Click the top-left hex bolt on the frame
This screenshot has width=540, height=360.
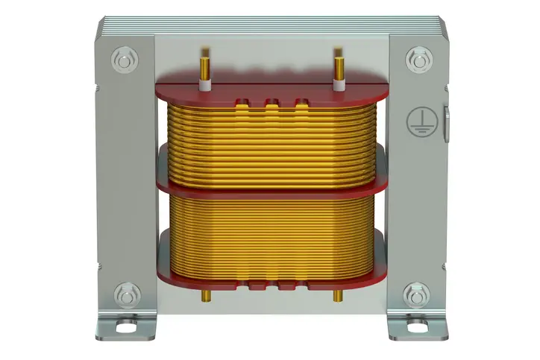point(122,59)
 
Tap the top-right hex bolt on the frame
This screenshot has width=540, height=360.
point(418,59)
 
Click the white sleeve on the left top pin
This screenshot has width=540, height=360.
point(202,81)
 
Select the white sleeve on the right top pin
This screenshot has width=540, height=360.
point(338,81)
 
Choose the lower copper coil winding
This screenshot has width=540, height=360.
point(270,231)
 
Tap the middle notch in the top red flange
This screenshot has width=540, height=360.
point(270,104)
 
